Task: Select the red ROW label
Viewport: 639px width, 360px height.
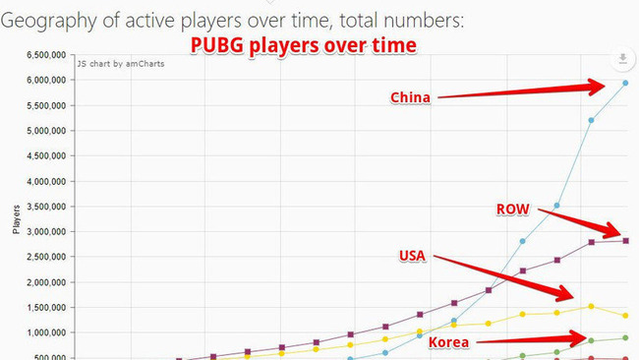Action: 513,210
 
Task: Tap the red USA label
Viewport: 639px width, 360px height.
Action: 413,256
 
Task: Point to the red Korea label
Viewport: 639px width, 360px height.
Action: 447,342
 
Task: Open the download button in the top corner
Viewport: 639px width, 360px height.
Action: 621,60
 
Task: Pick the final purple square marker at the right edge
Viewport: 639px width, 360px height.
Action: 625,240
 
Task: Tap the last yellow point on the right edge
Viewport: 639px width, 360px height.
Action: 625,316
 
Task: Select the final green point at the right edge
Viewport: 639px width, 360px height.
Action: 625,338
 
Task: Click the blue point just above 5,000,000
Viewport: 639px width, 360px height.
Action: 591,121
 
